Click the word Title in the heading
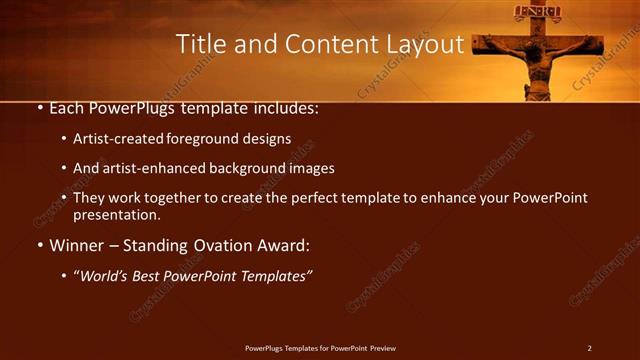(x=200, y=44)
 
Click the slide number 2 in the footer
(x=590, y=348)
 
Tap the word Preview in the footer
(x=383, y=348)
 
